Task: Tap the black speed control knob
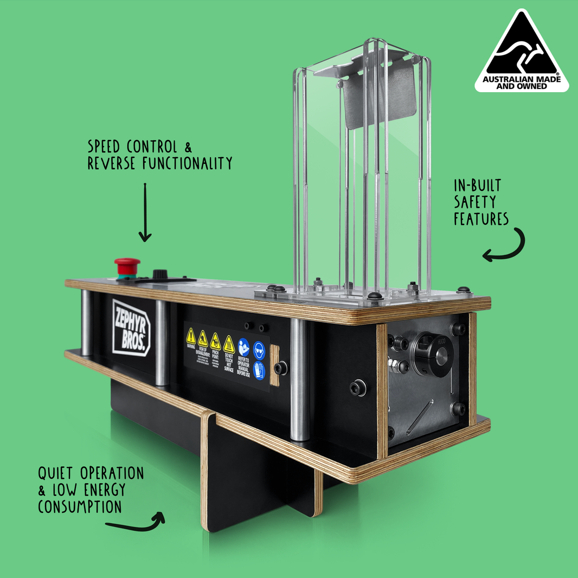[x=160, y=274]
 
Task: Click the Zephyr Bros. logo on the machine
[x=131, y=327]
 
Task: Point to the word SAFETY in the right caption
[x=475, y=202]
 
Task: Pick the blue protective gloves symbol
[x=259, y=370]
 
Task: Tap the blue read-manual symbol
[x=244, y=347]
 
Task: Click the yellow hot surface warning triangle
[x=229, y=343]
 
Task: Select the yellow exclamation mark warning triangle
[x=191, y=336]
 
